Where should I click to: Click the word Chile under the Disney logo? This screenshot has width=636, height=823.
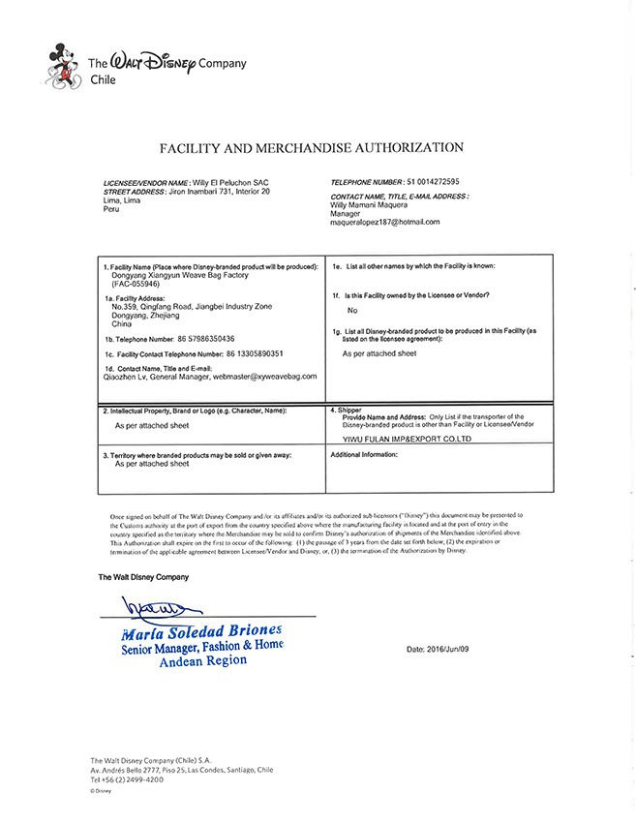coord(102,80)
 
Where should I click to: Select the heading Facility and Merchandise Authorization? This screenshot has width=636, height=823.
coord(311,148)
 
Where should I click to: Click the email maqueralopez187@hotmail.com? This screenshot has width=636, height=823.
coord(385,222)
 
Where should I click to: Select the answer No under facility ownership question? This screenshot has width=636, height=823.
coord(352,311)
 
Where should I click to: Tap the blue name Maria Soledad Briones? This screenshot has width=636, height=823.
coord(202,631)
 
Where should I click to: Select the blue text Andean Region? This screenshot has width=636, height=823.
coord(201,660)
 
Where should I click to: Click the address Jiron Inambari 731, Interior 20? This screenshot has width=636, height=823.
coord(220,192)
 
